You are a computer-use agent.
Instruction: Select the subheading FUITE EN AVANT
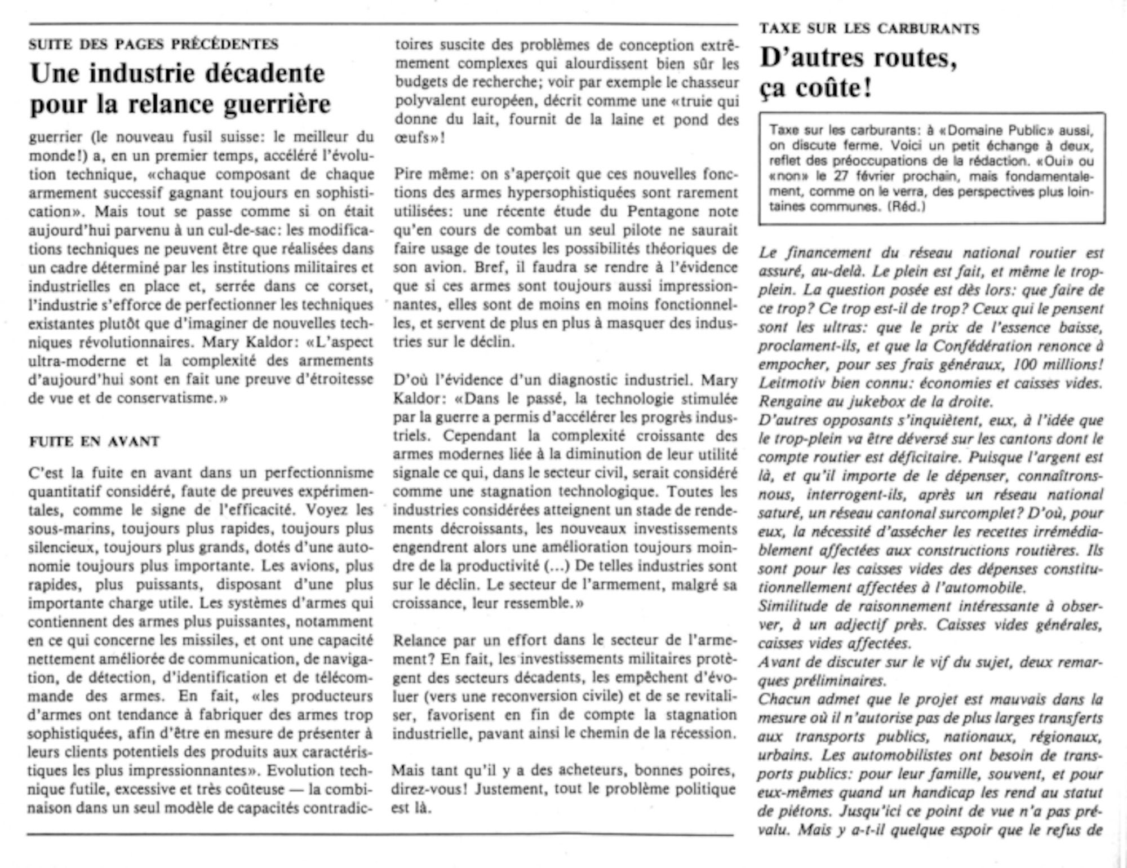[94, 441]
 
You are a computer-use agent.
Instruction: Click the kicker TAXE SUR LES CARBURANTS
[869, 29]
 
